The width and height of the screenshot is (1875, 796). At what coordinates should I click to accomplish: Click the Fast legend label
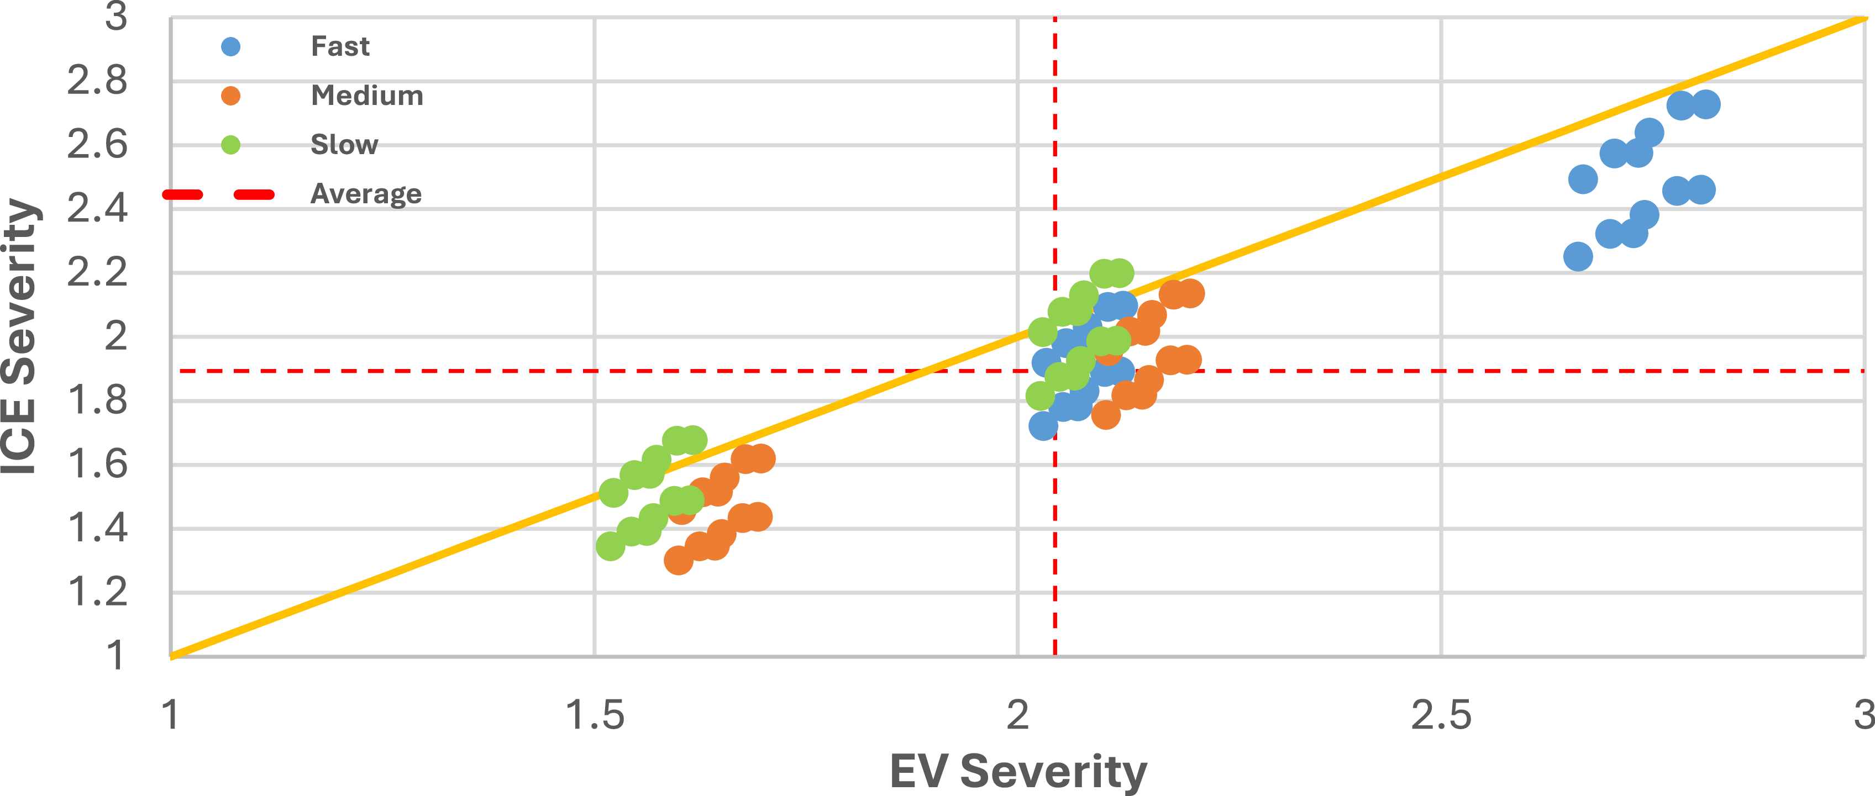[340, 46]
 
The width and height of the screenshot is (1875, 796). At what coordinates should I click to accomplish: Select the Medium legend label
[367, 96]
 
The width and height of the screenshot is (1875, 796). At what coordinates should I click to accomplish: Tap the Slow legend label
[344, 145]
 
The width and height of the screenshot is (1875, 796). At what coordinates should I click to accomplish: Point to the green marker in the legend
[231, 145]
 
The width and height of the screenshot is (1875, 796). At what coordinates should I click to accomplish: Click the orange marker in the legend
[231, 96]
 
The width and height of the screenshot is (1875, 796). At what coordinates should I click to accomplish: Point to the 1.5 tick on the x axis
[595, 715]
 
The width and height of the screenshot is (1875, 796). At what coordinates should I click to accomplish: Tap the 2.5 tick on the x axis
[1441, 715]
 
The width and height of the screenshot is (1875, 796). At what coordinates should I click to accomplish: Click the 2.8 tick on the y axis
[97, 81]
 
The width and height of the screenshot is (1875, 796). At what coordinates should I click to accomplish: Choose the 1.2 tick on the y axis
[97, 592]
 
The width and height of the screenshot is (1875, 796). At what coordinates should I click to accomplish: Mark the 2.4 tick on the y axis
[97, 209]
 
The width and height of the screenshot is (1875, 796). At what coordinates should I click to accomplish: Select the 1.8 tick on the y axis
[97, 400]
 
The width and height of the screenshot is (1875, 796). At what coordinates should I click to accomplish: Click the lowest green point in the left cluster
[611, 546]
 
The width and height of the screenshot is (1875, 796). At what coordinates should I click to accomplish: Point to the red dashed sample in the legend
[218, 194]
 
